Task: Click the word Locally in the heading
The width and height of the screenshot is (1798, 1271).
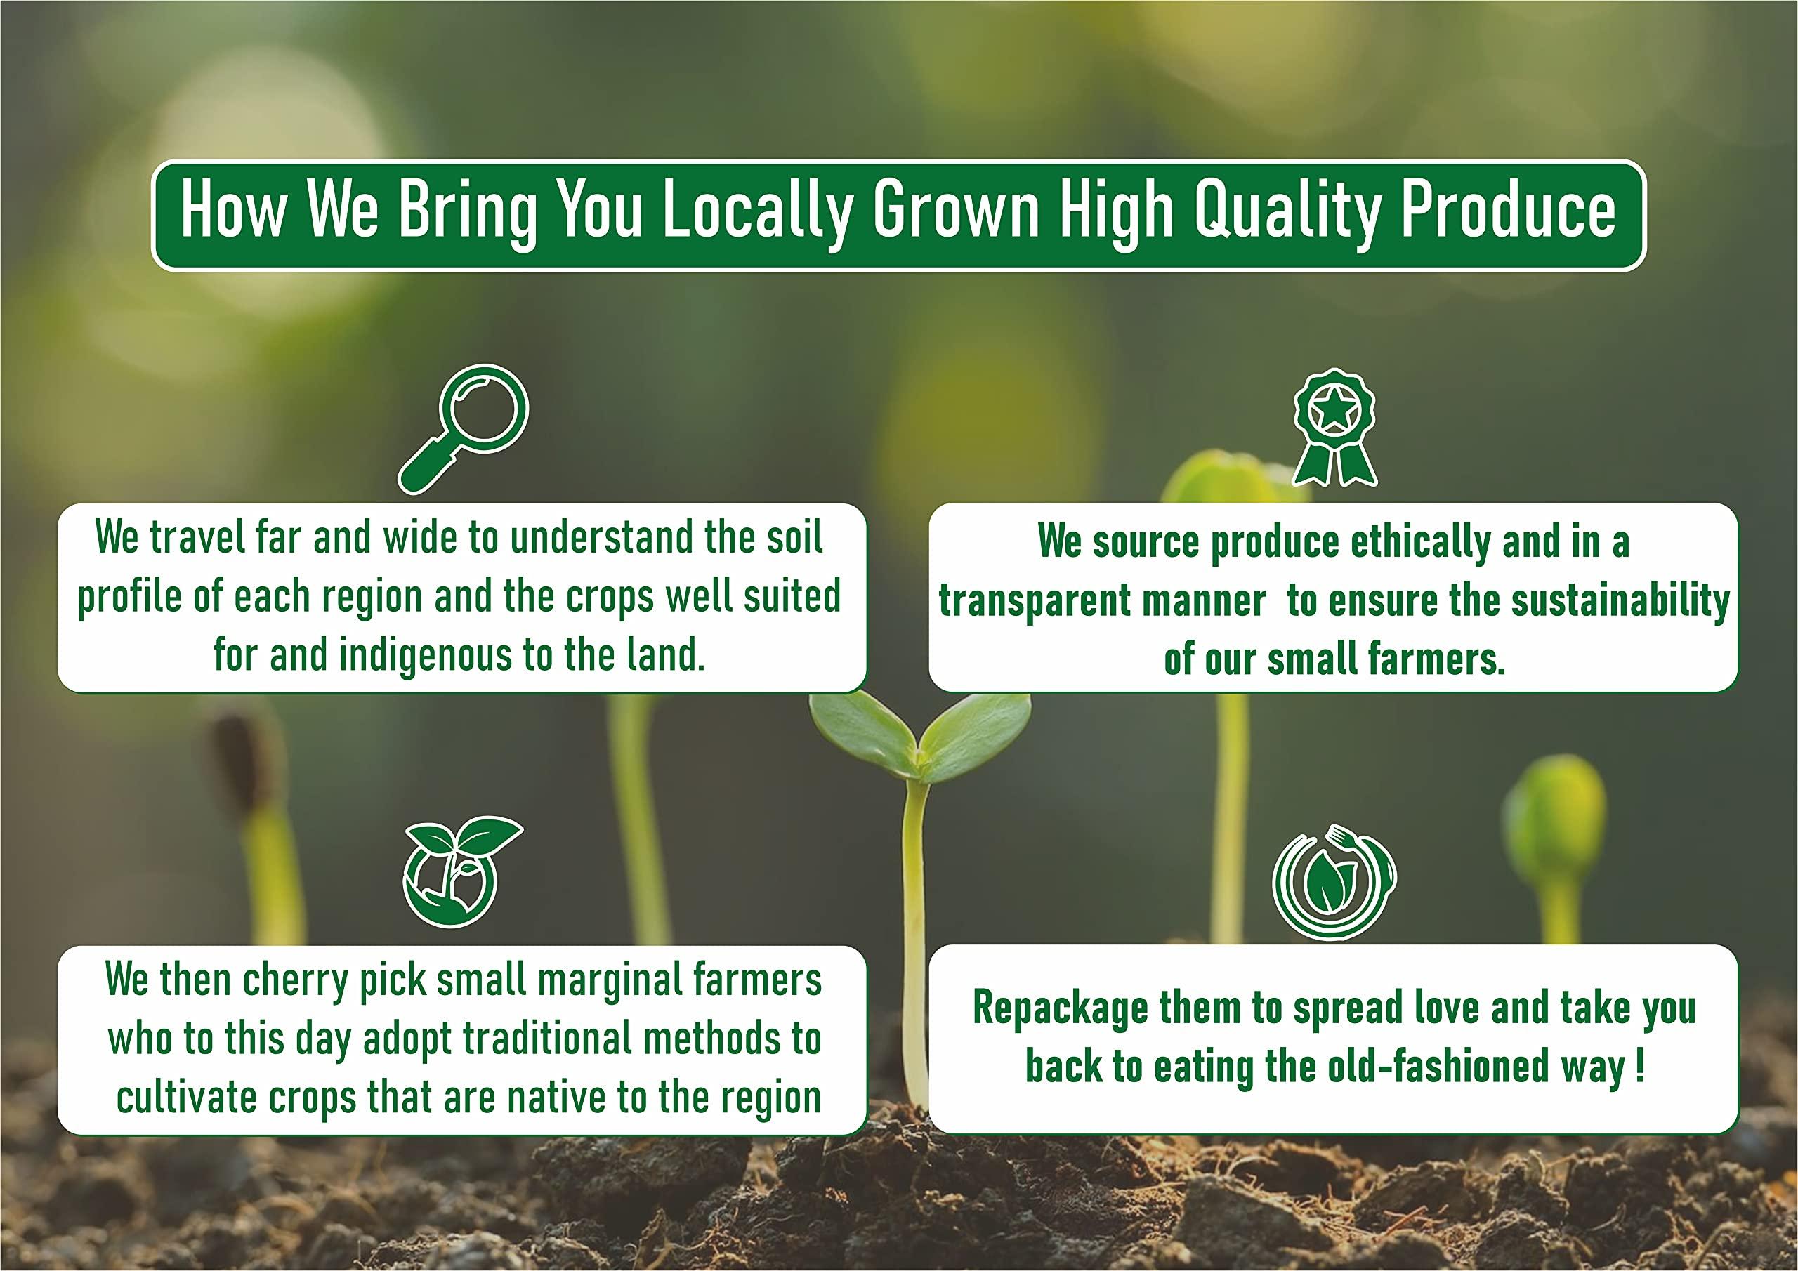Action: pyautogui.click(x=757, y=211)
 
